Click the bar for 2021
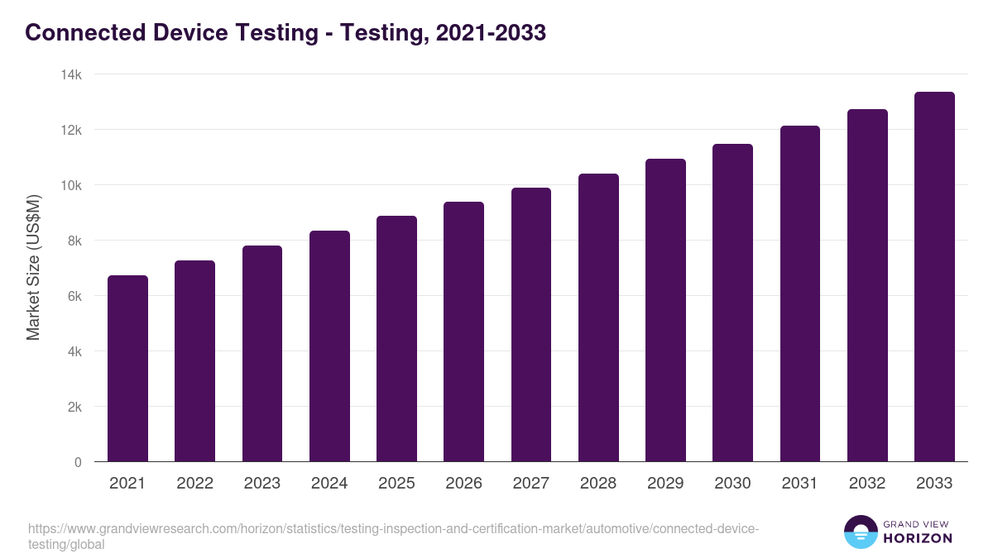pyautogui.click(x=127, y=369)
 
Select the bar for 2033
pyautogui.click(x=934, y=277)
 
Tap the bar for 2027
pyautogui.click(x=531, y=325)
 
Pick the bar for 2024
pyautogui.click(x=329, y=346)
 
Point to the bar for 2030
pyautogui.click(x=732, y=303)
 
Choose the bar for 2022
pyautogui.click(x=194, y=361)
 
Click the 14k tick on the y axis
pyautogui.click(x=71, y=74)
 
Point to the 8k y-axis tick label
pyautogui.click(x=74, y=241)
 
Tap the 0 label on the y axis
pyautogui.click(x=78, y=462)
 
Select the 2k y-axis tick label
pyautogui.click(x=74, y=407)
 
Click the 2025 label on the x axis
pyautogui.click(x=396, y=484)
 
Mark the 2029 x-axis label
pyautogui.click(x=665, y=484)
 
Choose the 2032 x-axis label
pyautogui.click(x=867, y=484)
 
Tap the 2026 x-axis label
pyautogui.click(x=463, y=484)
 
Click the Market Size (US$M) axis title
pyautogui.click(x=34, y=268)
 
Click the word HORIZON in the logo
pyautogui.click(x=919, y=538)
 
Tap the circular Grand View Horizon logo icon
pyautogui.click(x=861, y=532)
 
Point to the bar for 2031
pyautogui.click(x=799, y=293)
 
